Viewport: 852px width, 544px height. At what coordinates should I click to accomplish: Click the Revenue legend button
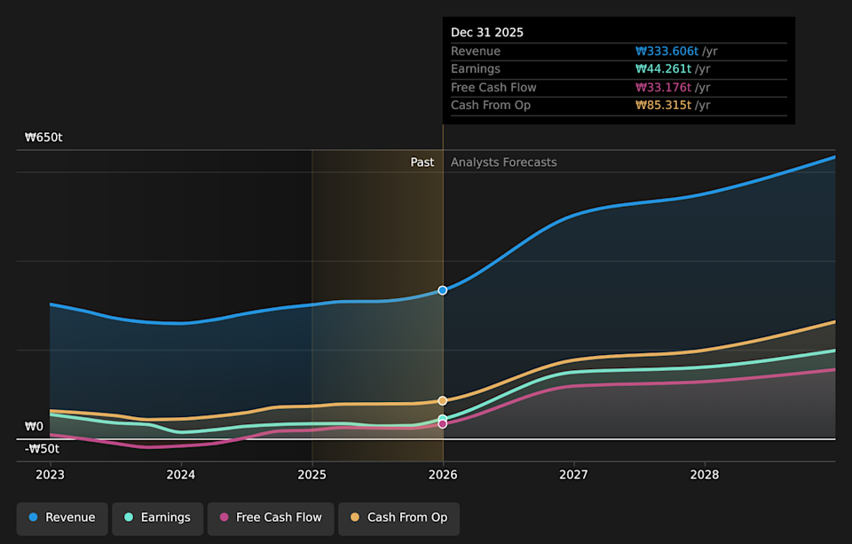click(62, 517)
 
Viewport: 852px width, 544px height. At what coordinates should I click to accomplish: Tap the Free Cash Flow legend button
click(271, 517)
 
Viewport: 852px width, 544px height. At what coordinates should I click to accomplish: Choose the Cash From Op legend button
click(398, 517)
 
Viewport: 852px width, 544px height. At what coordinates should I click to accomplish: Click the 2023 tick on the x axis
click(51, 475)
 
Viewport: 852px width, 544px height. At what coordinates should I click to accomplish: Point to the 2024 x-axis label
click(181, 475)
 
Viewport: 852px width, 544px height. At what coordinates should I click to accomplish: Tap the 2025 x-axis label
click(312, 475)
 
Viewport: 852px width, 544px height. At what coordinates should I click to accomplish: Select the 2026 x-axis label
click(443, 475)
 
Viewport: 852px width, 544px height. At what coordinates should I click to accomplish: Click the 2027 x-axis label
click(574, 475)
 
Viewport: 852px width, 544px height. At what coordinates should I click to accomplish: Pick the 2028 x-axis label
click(705, 475)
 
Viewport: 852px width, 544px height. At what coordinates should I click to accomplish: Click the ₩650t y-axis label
click(43, 138)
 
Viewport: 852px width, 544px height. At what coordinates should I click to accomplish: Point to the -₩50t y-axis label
click(42, 449)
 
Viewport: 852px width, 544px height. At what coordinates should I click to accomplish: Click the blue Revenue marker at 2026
click(443, 290)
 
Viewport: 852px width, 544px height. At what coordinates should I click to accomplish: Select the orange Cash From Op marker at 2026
click(443, 400)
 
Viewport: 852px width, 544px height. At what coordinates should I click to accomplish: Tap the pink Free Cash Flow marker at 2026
click(443, 424)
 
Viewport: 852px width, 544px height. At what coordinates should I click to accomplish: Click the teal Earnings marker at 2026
click(443, 418)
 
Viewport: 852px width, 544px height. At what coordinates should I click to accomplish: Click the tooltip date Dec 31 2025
click(487, 32)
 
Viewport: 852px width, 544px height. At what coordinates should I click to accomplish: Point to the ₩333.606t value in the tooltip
click(667, 51)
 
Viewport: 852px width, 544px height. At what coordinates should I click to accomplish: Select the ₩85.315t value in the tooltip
click(663, 106)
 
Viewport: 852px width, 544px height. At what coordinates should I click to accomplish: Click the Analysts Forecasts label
click(503, 162)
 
